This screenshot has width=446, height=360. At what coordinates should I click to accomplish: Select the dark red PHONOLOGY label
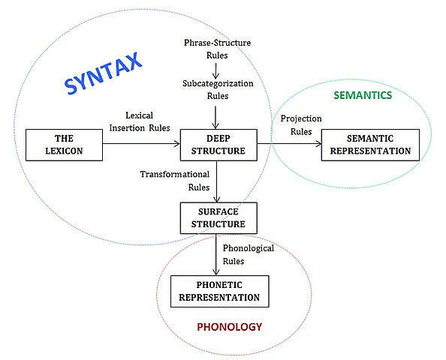point(229,327)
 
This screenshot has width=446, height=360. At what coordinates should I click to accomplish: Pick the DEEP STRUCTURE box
point(218,144)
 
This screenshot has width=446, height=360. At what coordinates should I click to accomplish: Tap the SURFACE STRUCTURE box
point(218,217)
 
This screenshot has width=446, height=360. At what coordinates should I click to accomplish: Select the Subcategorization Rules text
point(216,89)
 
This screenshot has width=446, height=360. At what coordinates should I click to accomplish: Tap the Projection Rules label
point(300,124)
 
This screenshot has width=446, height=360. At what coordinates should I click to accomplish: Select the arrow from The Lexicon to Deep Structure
point(141,144)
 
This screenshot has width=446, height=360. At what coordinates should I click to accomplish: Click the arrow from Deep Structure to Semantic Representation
point(289,144)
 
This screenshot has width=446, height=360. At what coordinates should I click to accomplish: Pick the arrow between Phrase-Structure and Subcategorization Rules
point(217,70)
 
